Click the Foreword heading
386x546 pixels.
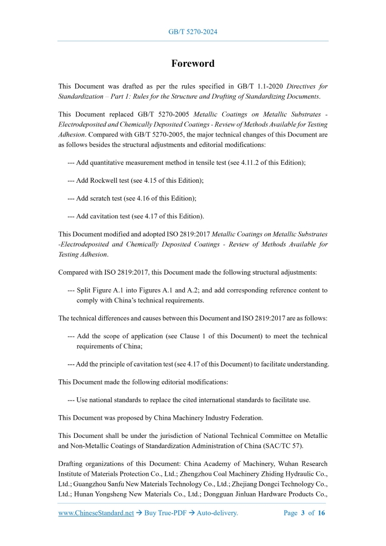[193, 64]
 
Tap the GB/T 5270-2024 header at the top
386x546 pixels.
[193, 32]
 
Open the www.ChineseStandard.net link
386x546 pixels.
[96, 513]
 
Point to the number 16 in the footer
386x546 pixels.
[321, 513]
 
